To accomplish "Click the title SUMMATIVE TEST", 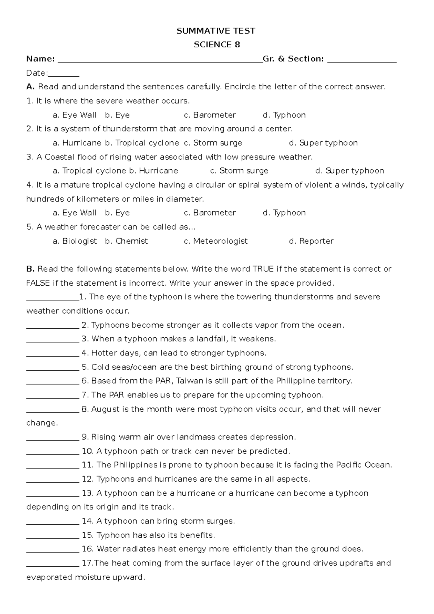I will click(x=216, y=31).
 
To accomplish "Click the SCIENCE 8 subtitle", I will click(x=217, y=45).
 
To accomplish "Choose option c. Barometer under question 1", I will click(x=210, y=115).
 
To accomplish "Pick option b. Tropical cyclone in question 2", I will click(x=142, y=143).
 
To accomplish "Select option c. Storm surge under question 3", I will click(x=239, y=171).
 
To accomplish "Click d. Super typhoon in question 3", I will click(x=349, y=171).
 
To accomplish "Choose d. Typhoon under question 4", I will click(x=284, y=213).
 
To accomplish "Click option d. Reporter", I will click(x=311, y=241).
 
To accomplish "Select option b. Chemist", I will click(x=126, y=241).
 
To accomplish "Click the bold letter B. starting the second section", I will click(x=30, y=269).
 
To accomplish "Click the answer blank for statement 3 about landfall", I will click(x=52, y=340).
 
